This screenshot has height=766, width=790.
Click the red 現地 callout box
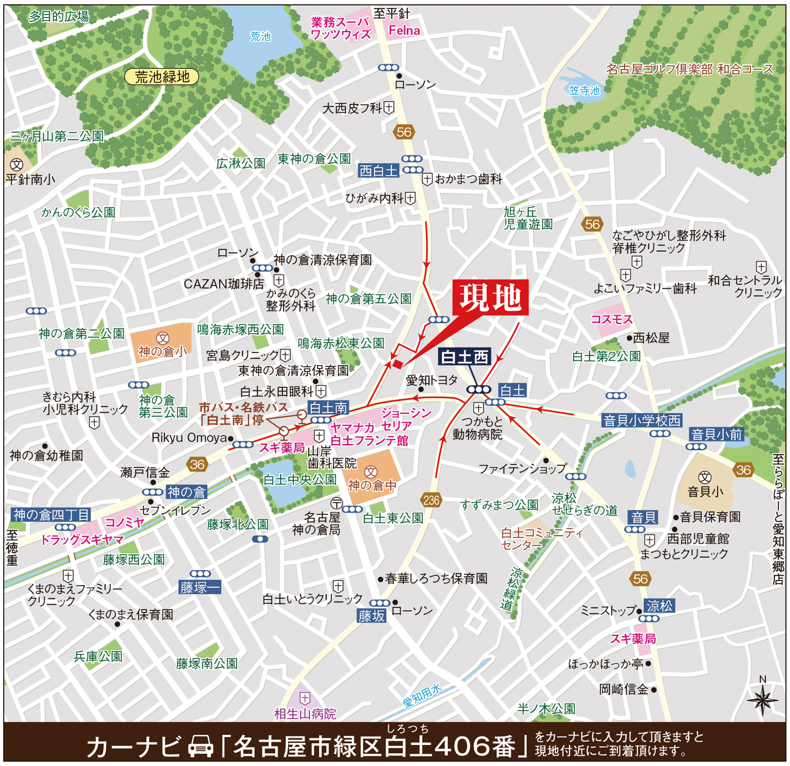click(490, 298)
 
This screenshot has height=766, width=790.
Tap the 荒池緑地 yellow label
click(162, 77)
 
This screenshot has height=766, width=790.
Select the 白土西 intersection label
click(465, 357)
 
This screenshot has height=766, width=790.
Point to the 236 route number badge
click(431, 500)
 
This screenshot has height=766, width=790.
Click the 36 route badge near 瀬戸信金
click(197, 465)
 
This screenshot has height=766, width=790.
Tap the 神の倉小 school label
click(162, 351)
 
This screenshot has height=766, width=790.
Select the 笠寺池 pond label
click(584, 91)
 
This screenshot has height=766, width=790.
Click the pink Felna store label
click(404, 31)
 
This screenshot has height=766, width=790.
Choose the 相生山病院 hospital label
click(305, 713)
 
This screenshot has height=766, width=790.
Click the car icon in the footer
click(201, 746)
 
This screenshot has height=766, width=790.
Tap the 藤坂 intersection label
click(372, 616)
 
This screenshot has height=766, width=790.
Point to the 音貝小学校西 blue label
click(642, 420)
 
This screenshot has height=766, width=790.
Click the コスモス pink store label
click(611, 319)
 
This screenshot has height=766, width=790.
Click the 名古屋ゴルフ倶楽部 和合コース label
click(689, 69)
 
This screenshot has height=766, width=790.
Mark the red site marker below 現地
click(398, 364)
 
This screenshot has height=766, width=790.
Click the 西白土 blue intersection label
click(378, 171)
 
